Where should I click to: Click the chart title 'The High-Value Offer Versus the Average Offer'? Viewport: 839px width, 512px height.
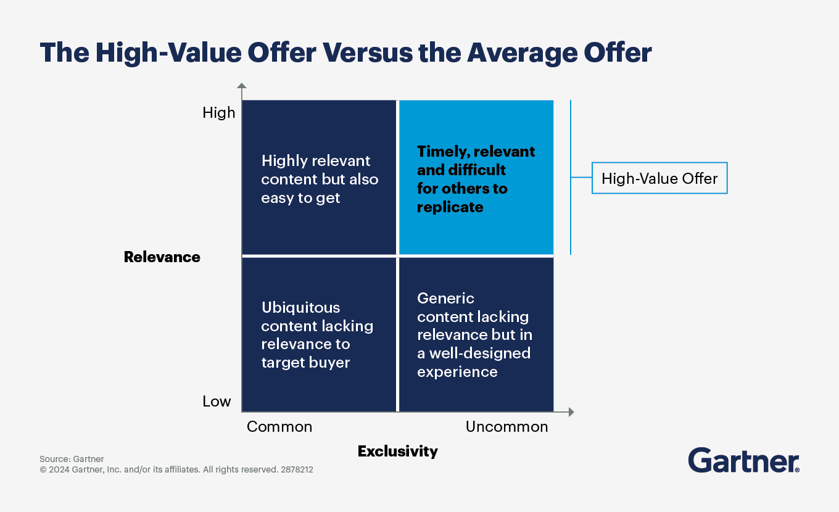coord(345,53)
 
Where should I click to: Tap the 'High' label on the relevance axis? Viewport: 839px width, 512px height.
coord(219,113)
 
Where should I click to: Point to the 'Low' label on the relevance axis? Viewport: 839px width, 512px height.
coord(217,402)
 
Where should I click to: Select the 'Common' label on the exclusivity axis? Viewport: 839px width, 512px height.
coord(279,427)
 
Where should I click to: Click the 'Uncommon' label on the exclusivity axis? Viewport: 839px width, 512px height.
coord(506,427)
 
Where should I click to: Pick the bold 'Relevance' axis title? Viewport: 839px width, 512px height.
coord(162,257)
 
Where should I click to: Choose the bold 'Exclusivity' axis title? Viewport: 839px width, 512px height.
coord(398,452)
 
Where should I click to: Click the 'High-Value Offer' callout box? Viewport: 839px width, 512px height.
coord(659,178)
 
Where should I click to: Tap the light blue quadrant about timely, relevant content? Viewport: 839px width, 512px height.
coord(476,177)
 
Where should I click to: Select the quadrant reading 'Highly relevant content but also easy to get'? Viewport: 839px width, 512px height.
coord(319,177)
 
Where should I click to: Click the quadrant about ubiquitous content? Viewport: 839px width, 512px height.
coord(319,334)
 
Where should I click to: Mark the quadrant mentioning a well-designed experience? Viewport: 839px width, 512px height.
coord(476,334)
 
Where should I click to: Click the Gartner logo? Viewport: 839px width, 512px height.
coord(743,460)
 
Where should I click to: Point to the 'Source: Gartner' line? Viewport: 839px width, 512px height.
coord(72,459)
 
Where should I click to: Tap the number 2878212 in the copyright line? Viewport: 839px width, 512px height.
coord(297,469)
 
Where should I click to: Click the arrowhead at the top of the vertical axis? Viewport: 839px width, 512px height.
coord(242,85)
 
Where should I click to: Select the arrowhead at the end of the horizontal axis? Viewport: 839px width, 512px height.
coord(571,412)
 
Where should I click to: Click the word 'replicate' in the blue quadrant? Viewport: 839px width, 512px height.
coord(450,207)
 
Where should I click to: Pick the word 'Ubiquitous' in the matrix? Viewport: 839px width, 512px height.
coord(301,308)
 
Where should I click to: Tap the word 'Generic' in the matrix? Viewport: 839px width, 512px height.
coord(445,299)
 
